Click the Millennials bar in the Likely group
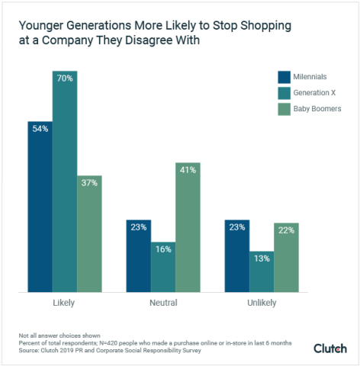tap(40, 206)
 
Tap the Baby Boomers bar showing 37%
tap(89, 233)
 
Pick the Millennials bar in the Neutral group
tap(139, 255)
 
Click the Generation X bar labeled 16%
tap(163, 267)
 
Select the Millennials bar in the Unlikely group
tap(237, 255)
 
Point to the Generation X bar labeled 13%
tap(262, 271)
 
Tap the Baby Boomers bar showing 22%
tap(286, 257)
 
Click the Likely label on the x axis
tap(64, 303)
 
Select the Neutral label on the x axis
tap(163, 303)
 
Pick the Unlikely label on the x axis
tap(262, 303)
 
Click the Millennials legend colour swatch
tap(284, 76)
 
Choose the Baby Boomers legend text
tap(320, 108)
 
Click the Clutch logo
tap(329, 348)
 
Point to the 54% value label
tap(40, 129)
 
